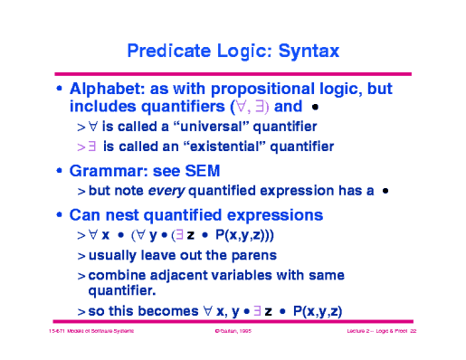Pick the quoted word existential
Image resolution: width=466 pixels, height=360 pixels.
(205, 146)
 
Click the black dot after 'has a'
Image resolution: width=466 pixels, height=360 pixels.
(385, 191)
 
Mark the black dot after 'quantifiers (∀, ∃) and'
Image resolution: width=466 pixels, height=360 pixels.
(315, 108)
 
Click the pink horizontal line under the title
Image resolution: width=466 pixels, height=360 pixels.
(233, 72)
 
